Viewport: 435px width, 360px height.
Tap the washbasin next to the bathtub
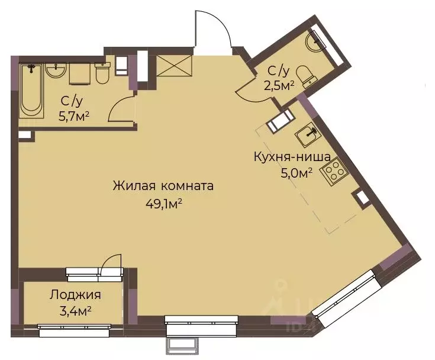pos(56,71)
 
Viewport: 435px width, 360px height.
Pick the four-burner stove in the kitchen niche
pos(333,170)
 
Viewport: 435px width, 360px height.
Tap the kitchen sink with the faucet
pos(308,135)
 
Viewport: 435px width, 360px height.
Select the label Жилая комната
pos(163,186)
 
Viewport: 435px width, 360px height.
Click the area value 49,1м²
pos(163,204)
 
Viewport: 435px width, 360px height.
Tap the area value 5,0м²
pos(296,173)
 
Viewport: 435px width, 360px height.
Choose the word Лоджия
pos(75,294)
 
